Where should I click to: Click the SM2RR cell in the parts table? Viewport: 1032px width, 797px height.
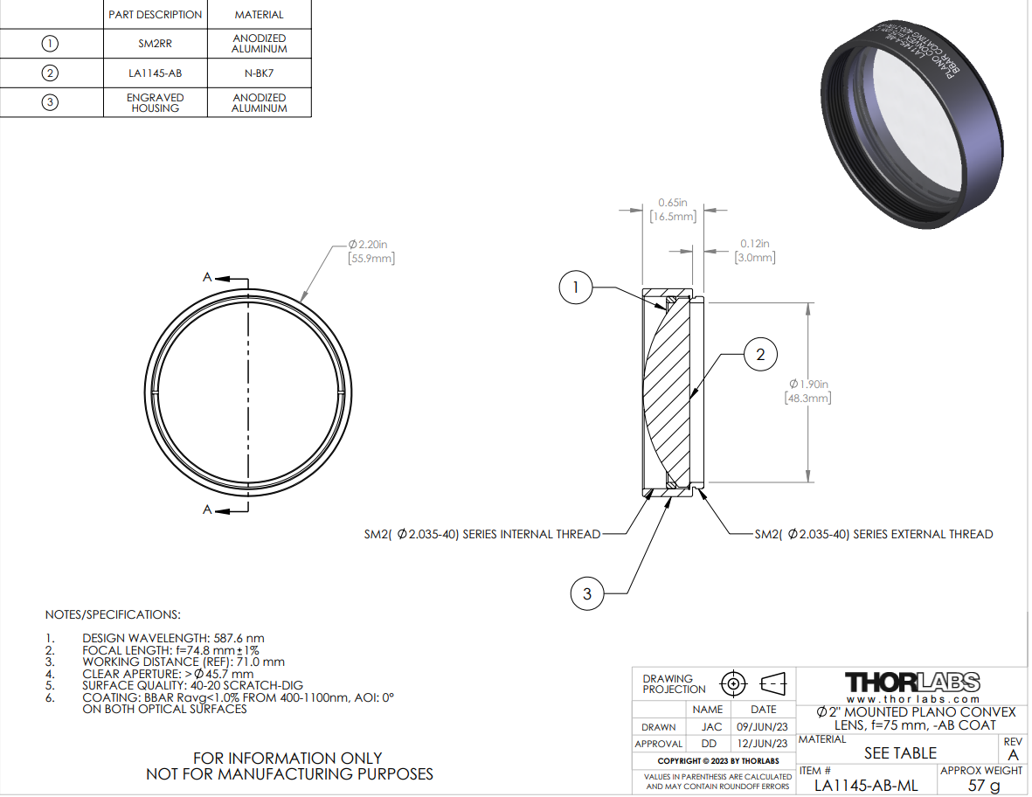click(156, 44)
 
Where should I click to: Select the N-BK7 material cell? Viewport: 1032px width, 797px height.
click(260, 73)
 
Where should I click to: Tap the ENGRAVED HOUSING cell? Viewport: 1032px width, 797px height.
click(156, 102)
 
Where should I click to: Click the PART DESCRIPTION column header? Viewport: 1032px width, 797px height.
click(156, 15)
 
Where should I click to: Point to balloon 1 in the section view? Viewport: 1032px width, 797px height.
click(576, 287)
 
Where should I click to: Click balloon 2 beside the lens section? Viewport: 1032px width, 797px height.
click(761, 355)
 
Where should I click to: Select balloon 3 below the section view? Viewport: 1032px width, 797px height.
click(587, 593)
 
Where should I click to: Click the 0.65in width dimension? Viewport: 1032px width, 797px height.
click(673, 209)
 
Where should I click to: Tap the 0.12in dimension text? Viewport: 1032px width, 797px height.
click(755, 250)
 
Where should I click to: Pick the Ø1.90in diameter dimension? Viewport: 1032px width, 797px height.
click(808, 391)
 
